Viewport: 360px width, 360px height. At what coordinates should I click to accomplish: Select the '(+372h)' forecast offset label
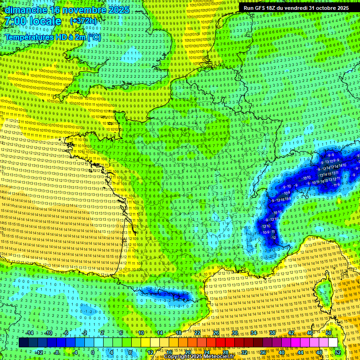pyautogui.click(x=83, y=21)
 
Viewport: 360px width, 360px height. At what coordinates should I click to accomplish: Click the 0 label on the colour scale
pyautogui.click(x=92, y=352)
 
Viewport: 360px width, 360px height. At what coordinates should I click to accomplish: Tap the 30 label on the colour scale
pyautogui.click(x=235, y=333)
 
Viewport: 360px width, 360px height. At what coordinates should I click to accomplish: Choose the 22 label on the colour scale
pyautogui.click(x=197, y=333)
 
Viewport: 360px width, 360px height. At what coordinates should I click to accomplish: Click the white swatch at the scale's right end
pyautogui.click(x=333, y=343)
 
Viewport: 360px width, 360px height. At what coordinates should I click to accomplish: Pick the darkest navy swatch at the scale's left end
pyautogui.click(x=23, y=343)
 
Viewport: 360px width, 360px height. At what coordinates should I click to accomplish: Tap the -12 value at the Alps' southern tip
pyautogui.click(x=273, y=238)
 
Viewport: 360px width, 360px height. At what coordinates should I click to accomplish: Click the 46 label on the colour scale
pyautogui.click(x=310, y=333)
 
